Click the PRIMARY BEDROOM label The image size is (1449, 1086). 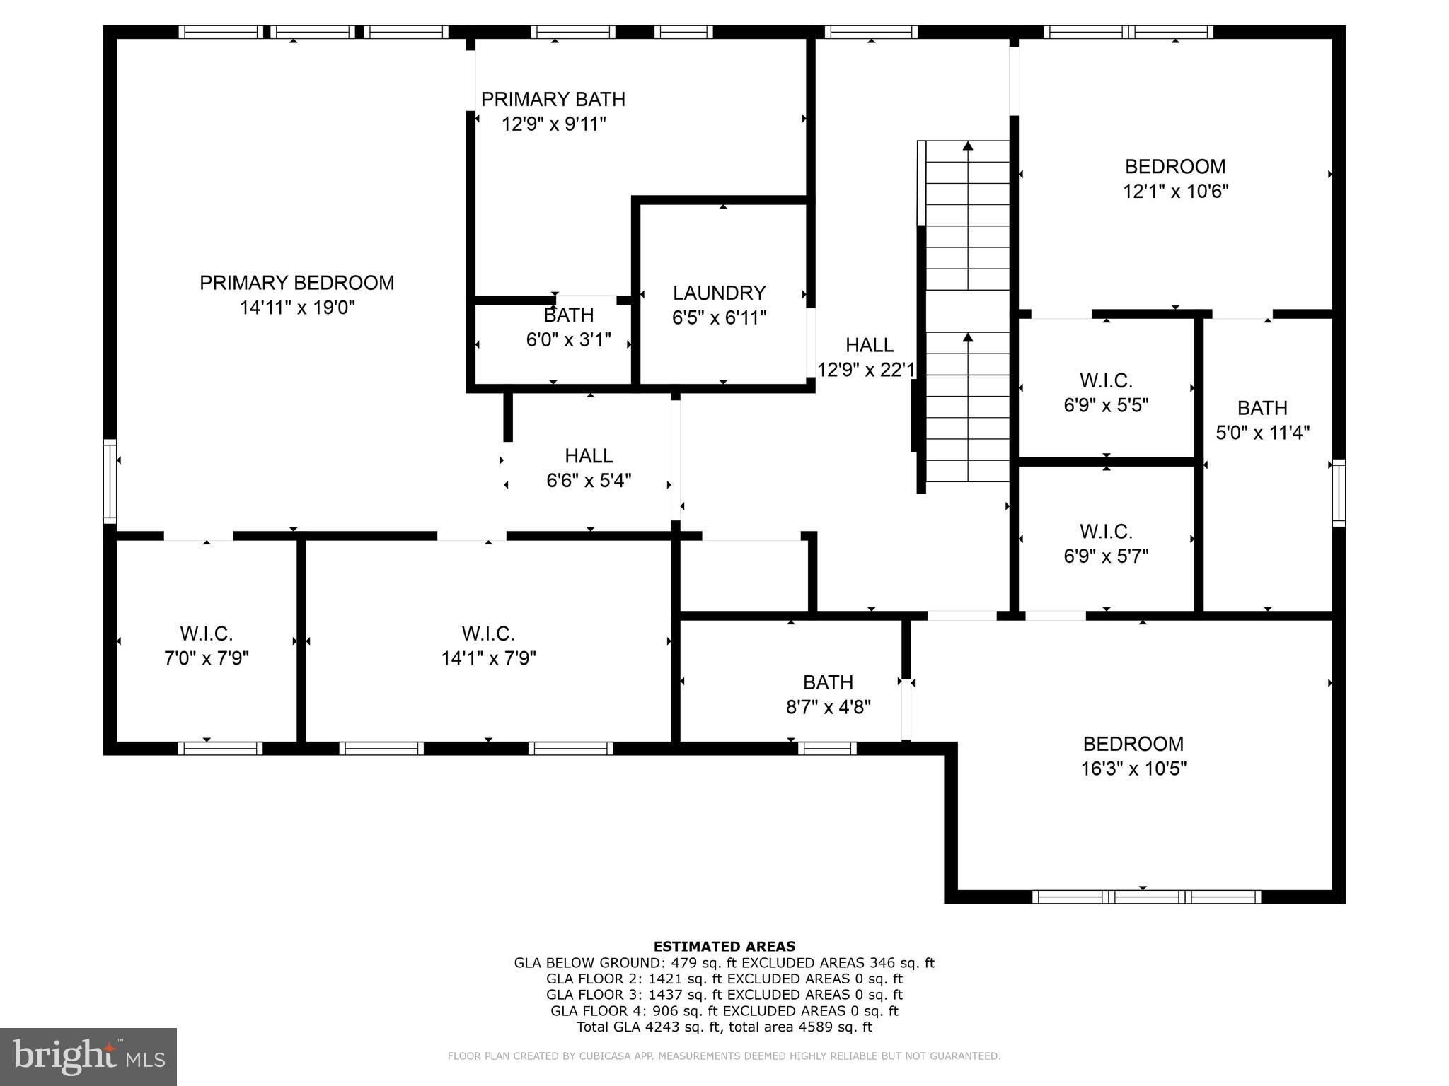tap(296, 283)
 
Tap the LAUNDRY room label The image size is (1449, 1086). tap(719, 293)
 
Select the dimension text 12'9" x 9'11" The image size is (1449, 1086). tap(553, 124)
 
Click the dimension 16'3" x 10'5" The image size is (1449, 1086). tap(1133, 769)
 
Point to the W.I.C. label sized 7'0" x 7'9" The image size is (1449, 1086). tap(206, 633)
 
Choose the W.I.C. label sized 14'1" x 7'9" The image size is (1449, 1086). tap(488, 633)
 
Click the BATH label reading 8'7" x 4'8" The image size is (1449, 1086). tap(828, 682)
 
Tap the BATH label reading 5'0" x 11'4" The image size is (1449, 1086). tap(1262, 408)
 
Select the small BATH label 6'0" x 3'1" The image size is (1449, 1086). tap(568, 315)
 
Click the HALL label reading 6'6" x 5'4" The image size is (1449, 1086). tap(589, 455)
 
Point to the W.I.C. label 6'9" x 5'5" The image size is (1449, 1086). tap(1106, 380)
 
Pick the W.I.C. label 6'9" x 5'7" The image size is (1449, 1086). tap(1106, 531)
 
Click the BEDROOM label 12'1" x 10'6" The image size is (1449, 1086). tap(1175, 167)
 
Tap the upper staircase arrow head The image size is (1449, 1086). tap(968, 146)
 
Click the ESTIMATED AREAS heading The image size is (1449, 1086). tap(724, 946)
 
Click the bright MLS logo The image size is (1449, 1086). tap(88, 1056)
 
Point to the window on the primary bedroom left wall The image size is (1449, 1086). tap(110, 481)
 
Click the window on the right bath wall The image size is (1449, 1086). tap(1339, 493)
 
